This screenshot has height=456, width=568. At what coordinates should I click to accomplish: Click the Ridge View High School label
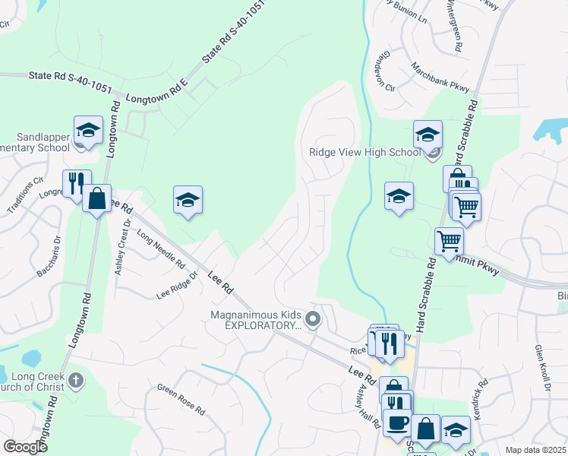coord(364,152)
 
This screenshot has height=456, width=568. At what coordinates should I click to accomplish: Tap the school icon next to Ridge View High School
coord(428,135)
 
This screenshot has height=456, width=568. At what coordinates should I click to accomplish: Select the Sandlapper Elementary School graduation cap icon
coord(88,130)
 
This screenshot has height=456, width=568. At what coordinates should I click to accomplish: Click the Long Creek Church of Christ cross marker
coord(74,379)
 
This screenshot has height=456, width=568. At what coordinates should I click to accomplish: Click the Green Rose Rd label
coord(181,400)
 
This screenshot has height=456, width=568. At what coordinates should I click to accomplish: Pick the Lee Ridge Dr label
coord(176,284)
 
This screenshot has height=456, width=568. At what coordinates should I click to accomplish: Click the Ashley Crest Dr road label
coord(121,248)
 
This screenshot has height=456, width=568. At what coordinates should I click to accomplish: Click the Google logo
coord(26,447)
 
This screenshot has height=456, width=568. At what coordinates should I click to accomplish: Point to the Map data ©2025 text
coord(535,450)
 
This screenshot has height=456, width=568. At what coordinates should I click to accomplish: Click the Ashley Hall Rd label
coord(367,404)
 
